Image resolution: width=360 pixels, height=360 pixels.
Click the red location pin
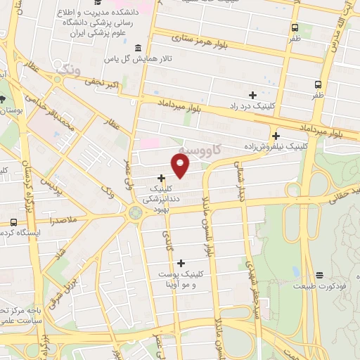click(181, 165)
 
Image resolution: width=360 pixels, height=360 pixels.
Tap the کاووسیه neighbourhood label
click(198, 150)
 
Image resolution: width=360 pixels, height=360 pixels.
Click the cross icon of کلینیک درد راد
click(252, 95)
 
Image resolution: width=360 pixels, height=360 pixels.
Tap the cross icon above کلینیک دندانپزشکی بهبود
click(162, 178)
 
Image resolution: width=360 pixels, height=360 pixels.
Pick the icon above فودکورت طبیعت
click(320, 275)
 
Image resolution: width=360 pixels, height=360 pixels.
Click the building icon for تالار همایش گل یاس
click(136, 48)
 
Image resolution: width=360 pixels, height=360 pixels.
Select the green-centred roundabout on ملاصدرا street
click(135, 212)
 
